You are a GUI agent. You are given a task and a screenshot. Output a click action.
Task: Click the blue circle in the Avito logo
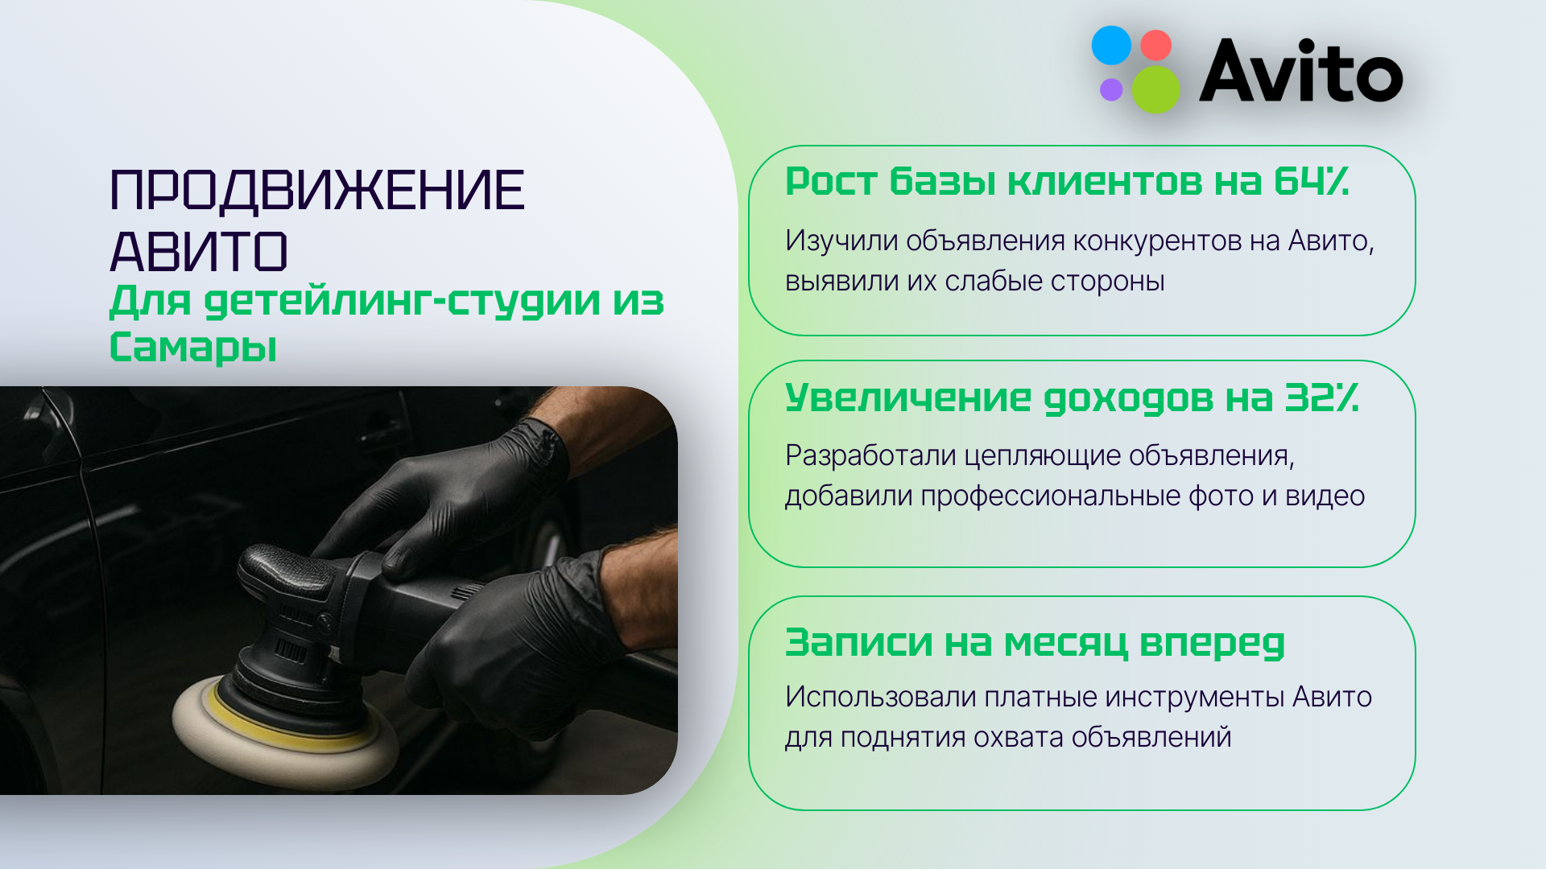tap(1111, 45)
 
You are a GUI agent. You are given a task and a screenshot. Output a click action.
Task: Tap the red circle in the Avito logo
tap(1156, 46)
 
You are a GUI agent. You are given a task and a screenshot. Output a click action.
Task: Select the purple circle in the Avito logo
tap(1111, 89)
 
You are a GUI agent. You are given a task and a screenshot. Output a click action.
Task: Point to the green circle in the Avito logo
tap(1156, 89)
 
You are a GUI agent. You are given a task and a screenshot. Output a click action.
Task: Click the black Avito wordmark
tap(1300, 72)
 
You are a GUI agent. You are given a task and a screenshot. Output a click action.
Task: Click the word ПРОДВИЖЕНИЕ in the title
tap(316, 191)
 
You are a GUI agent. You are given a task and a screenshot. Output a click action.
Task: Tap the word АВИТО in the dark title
tap(198, 252)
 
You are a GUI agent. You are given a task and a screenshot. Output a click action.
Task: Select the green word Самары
tap(193, 347)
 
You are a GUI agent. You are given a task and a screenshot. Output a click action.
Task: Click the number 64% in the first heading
tap(1311, 182)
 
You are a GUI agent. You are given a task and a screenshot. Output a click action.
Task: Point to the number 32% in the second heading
tap(1321, 397)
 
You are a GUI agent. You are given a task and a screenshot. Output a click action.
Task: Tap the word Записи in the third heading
tap(858, 643)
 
